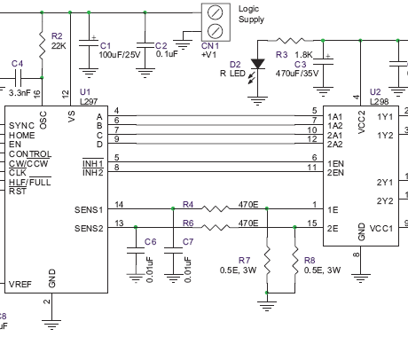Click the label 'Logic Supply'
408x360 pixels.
click(x=252, y=13)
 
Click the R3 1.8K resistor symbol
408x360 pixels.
click(x=291, y=41)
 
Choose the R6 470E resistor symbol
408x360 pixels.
click(x=216, y=227)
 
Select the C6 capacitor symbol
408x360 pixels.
click(x=135, y=252)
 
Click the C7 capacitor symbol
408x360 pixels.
click(x=171, y=252)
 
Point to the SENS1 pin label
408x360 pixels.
click(x=89, y=209)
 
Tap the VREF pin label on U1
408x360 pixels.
click(x=20, y=284)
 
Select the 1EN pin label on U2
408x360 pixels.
click(x=335, y=164)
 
